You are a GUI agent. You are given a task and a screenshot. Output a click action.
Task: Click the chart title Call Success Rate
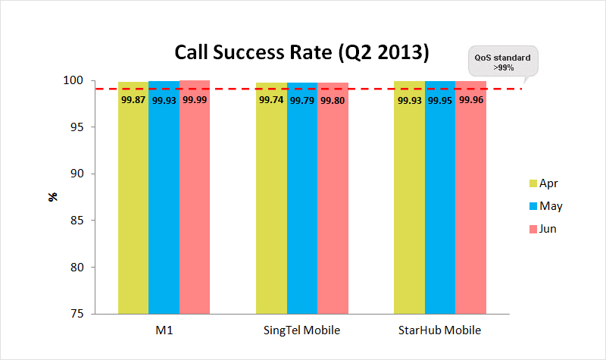pyautogui.click(x=302, y=52)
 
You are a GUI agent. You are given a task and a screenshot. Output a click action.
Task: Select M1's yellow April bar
pyautogui.click(x=133, y=205)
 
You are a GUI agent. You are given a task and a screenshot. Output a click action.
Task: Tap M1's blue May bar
pyautogui.click(x=164, y=205)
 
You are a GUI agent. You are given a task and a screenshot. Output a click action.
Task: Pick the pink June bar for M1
pyautogui.click(x=195, y=205)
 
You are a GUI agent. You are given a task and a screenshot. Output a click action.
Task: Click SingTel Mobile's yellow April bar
pyautogui.click(x=271, y=205)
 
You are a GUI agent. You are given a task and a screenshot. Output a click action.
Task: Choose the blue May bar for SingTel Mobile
pyautogui.click(x=301, y=205)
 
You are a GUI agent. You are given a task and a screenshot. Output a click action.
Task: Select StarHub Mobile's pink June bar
pyautogui.click(x=470, y=205)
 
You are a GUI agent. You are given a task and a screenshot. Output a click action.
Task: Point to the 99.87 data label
pyautogui.click(x=133, y=100)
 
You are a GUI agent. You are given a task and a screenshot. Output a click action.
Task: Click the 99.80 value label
pyautogui.click(x=333, y=100)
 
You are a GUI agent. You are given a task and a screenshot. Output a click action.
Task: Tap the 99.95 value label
pyautogui.click(x=440, y=100)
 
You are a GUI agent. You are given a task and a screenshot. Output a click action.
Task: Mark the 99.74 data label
pyautogui.click(x=271, y=100)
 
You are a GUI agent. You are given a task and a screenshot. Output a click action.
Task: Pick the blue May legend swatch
pyautogui.click(x=533, y=206)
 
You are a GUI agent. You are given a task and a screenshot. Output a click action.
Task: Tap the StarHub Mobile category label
pyautogui.click(x=439, y=330)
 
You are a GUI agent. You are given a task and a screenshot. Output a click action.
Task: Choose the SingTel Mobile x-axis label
pyautogui.click(x=301, y=330)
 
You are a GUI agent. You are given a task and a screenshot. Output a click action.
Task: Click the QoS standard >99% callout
pyautogui.click(x=502, y=61)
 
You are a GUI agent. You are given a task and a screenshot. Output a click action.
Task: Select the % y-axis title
pyautogui.click(x=53, y=197)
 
